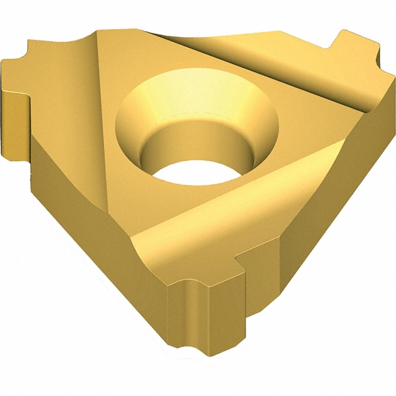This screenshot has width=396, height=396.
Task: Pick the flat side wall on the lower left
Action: click(73, 198)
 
